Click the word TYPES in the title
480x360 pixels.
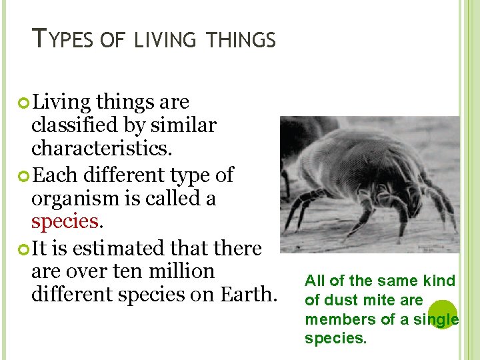point(64,41)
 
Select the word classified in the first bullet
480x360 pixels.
point(76,125)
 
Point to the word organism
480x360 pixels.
point(73,198)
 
